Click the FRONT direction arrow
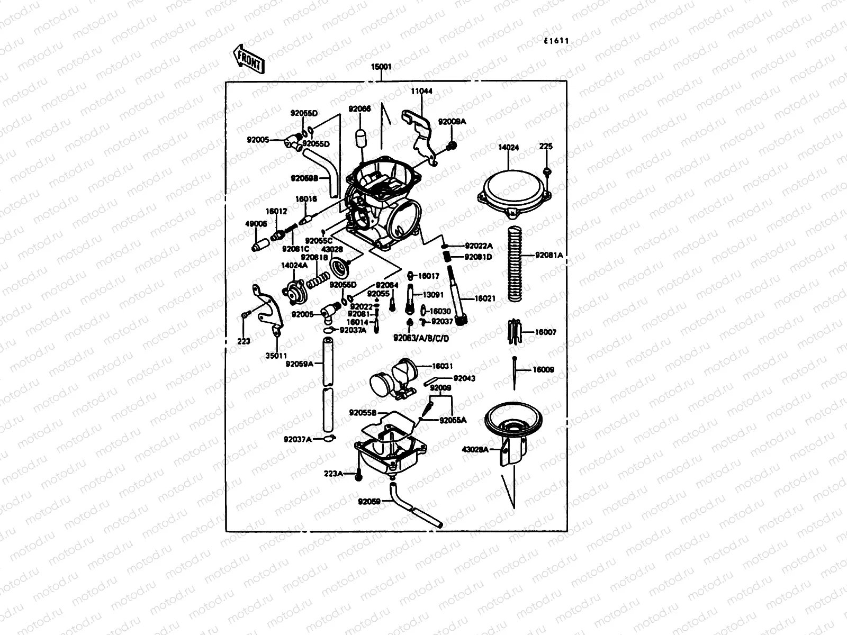(x=248, y=58)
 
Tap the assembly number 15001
(x=381, y=67)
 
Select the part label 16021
(x=484, y=298)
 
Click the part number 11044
(x=421, y=91)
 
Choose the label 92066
(x=359, y=109)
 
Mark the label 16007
(x=545, y=332)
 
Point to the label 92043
(x=464, y=378)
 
